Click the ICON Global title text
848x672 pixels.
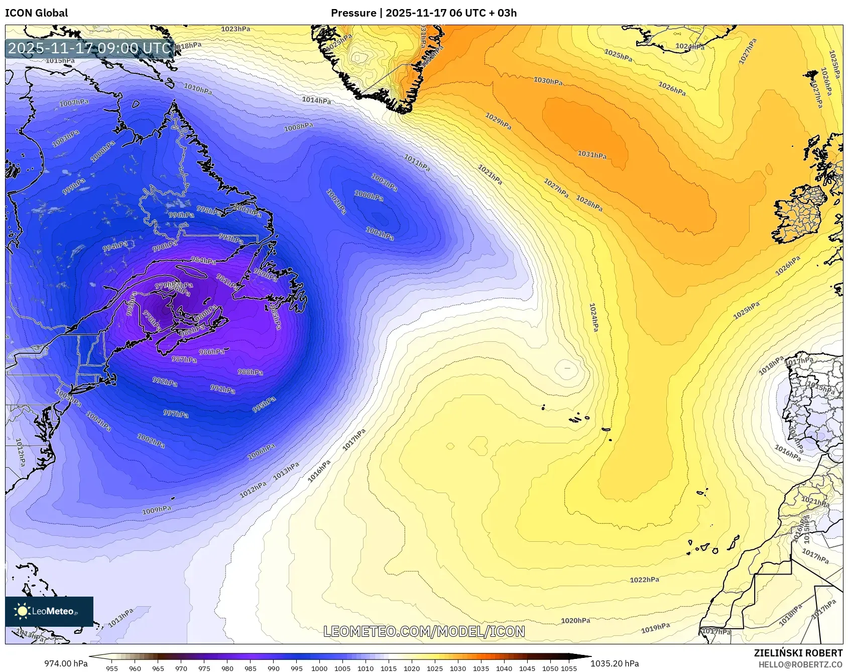[37, 13]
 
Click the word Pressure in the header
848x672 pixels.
[353, 13]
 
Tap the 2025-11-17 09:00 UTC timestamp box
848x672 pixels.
[90, 48]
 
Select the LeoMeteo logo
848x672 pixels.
[49, 611]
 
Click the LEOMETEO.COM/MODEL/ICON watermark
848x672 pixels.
[424, 632]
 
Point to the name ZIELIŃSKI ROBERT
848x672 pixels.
[798, 653]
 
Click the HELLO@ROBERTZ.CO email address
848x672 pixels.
[800, 664]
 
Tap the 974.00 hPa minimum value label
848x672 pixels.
[66, 663]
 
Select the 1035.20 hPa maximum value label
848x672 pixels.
[615, 663]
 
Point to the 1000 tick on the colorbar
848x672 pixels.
[319, 668]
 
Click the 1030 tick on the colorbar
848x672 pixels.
[458, 668]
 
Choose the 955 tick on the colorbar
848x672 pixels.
[112, 668]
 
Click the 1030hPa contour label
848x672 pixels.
[548, 81]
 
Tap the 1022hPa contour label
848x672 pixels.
[644, 580]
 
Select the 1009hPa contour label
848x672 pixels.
[157, 510]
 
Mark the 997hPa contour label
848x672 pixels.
[176, 414]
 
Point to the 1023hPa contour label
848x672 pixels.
[235, 29]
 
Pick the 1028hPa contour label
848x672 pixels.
[589, 203]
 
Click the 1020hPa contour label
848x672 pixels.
[575, 621]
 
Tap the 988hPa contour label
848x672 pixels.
[250, 372]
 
